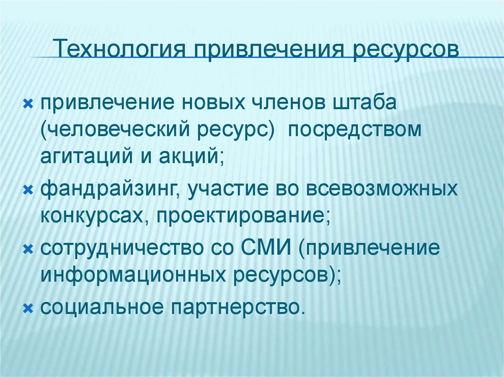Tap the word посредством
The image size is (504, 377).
(x=355, y=130)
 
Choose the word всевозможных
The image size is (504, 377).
(x=382, y=189)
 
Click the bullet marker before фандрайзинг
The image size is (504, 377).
(x=28, y=189)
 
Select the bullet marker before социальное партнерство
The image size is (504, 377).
(x=28, y=307)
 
